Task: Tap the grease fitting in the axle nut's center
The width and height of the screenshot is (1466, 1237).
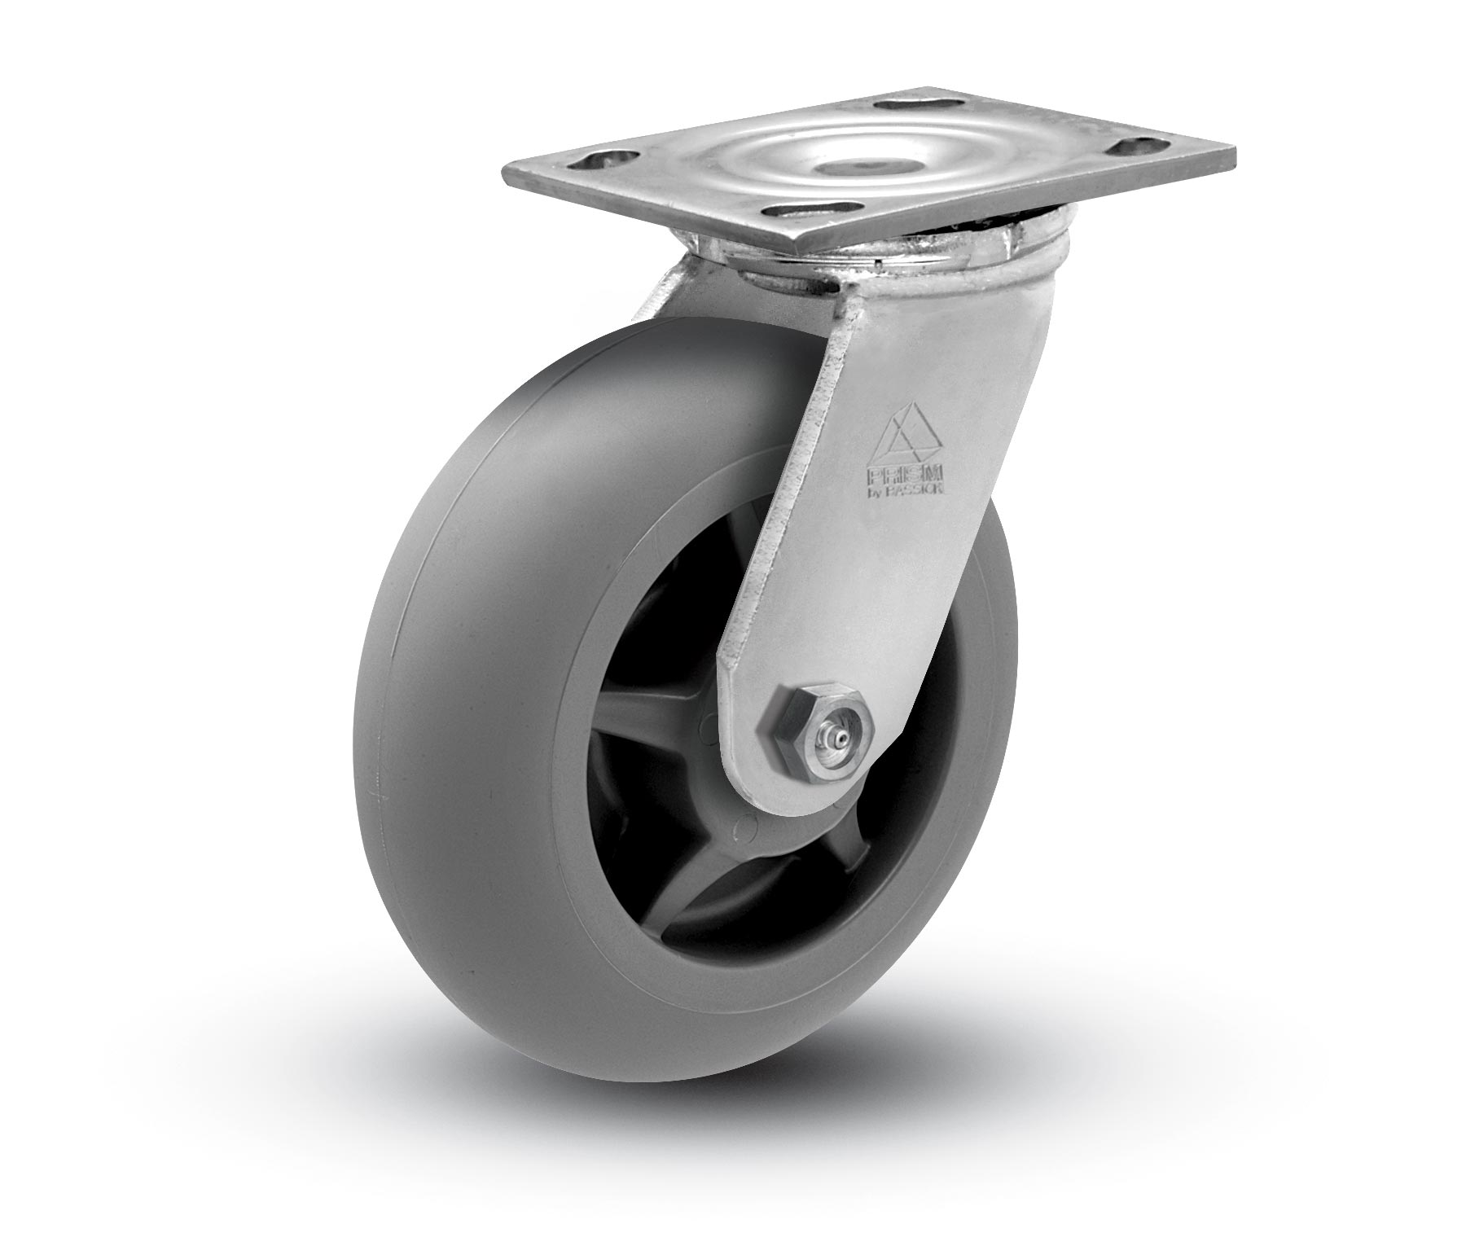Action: click(x=826, y=722)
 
